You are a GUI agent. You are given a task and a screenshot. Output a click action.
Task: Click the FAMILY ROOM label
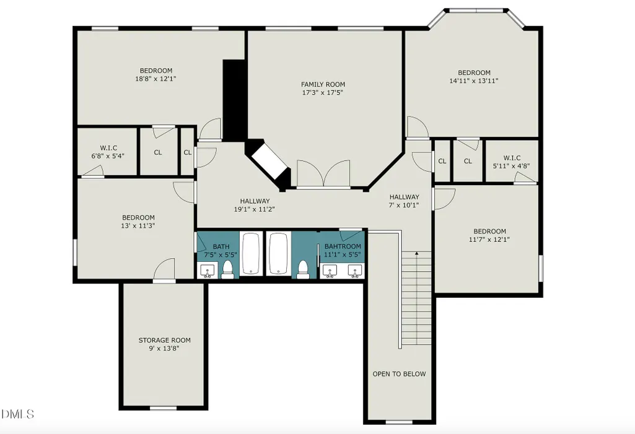323,84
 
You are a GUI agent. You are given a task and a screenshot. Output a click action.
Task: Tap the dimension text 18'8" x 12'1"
156,79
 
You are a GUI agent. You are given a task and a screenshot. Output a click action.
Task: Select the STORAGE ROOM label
164,340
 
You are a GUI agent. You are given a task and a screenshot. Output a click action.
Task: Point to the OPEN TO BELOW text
400,374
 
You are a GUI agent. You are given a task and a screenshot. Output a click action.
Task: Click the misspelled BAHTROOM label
343,246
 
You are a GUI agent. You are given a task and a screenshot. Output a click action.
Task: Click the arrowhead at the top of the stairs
416,253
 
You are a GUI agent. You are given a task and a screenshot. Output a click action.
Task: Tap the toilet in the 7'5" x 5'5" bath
227,270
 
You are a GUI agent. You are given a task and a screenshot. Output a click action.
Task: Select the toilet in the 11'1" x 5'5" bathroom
302,270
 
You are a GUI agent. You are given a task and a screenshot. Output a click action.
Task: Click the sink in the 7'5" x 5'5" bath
208,271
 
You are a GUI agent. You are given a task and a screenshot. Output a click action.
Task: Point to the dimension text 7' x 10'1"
404,205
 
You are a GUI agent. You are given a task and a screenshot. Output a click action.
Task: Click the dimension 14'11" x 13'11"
474,80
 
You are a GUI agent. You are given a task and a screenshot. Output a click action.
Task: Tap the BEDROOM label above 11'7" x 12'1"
489,231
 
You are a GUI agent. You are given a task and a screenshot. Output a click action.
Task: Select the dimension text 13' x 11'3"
138,225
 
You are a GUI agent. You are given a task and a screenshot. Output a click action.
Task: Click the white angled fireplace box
269,161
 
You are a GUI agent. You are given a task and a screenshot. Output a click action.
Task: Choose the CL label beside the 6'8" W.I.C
158,152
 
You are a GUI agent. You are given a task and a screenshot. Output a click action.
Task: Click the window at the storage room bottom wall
163,408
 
